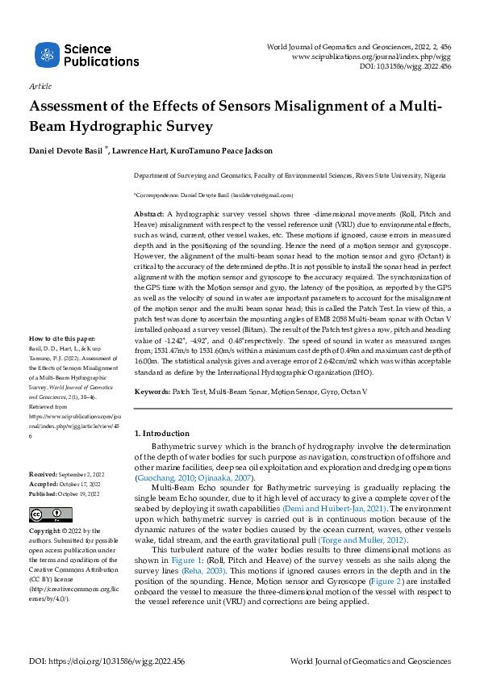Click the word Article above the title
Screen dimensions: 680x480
click(40, 86)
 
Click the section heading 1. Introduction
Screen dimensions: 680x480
click(161, 434)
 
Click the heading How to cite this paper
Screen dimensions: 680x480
click(61, 360)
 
